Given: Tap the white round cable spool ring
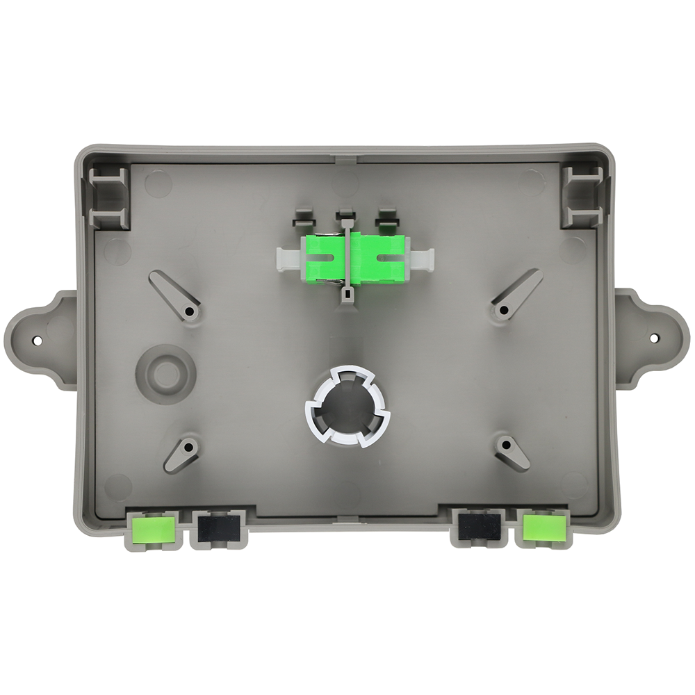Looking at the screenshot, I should [x=347, y=406].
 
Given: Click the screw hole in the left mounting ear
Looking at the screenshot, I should [x=38, y=341].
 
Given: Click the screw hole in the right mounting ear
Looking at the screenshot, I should [x=654, y=338].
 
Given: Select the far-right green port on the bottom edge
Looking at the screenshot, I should [x=542, y=527].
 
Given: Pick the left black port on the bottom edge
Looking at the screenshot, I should [x=218, y=528].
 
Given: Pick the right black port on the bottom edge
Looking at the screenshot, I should [x=479, y=527].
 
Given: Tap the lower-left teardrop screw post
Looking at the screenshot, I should [x=182, y=453].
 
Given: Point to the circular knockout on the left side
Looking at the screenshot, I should [x=165, y=374].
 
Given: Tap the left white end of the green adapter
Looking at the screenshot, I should [x=287, y=259].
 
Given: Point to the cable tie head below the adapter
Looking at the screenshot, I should [x=346, y=295].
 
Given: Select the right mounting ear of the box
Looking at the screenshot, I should [x=649, y=338].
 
